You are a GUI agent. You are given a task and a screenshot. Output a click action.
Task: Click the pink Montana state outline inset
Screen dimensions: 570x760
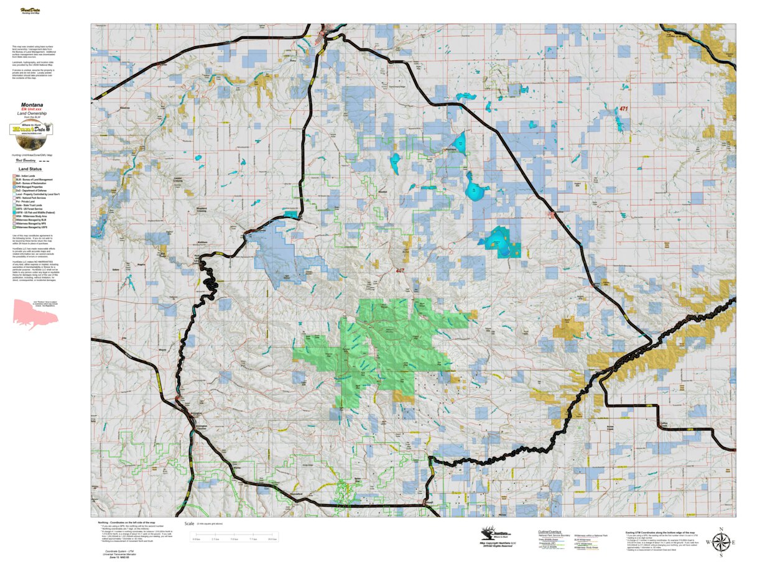[x=35, y=313]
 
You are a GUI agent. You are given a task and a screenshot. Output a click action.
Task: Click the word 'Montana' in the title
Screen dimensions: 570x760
[x=32, y=105]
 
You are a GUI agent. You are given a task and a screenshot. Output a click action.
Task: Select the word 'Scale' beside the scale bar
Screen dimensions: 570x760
[x=188, y=524]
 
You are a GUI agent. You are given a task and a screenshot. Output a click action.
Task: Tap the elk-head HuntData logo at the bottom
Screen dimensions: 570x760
[x=494, y=534]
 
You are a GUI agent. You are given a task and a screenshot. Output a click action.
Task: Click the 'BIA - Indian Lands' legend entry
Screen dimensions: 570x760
[x=27, y=176]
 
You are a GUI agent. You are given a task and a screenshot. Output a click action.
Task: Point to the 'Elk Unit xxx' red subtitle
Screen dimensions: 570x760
[x=32, y=109]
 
